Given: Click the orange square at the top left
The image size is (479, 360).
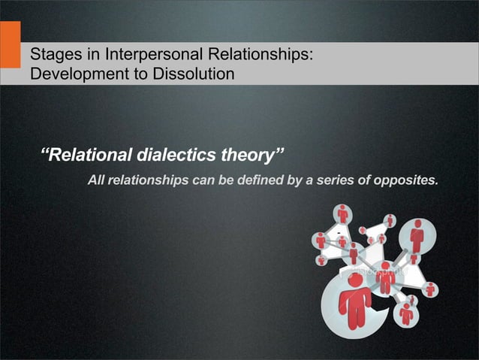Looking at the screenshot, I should (10, 44).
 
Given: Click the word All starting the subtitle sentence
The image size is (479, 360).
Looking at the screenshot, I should (97, 180).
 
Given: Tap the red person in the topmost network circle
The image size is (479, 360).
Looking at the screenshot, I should (343, 214).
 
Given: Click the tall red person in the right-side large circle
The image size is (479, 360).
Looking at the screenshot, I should (417, 237).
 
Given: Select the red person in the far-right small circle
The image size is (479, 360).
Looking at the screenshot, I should (430, 289).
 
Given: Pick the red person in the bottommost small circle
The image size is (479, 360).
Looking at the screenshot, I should (406, 313).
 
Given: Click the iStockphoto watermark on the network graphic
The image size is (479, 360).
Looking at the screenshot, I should (381, 268).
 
